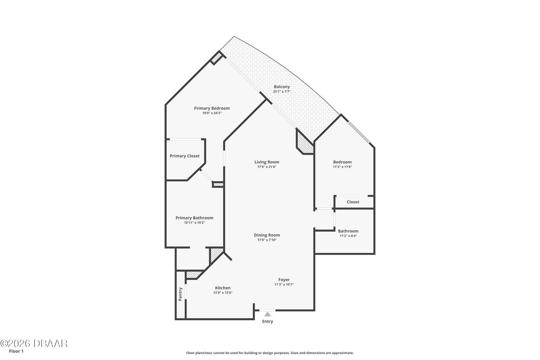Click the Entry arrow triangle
tap(267, 314)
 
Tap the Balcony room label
tap(282, 87)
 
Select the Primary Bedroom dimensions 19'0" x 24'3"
tap(212, 113)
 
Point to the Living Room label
tap(267, 162)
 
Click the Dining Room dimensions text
tap(267, 240)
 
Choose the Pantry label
tap(180, 294)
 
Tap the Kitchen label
tap(223, 288)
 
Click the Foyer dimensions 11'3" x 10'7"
tap(284, 284)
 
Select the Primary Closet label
tap(185, 156)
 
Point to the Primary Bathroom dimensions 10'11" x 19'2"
tap(194, 223)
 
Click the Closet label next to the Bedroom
tap(353, 202)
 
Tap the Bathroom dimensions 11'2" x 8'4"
tap(348, 236)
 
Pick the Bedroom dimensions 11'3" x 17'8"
tap(342, 167)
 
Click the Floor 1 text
tap(16, 351)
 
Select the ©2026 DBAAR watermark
tap(34, 344)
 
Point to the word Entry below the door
tap(267, 322)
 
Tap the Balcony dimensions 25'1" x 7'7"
tap(282, 92)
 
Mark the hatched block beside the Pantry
tap(193, 275)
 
